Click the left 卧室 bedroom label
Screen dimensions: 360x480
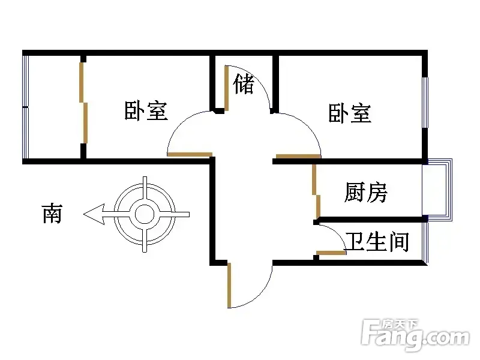[146, 111]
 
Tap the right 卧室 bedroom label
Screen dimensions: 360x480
[350, 113]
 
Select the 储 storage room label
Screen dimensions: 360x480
[244, 85]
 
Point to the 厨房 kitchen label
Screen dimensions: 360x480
[366, 192]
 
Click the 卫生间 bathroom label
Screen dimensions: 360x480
[377, 242]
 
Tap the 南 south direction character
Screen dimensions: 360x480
[52, 213]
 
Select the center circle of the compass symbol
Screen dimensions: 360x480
[145, 214]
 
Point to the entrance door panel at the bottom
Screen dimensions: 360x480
[229, 285]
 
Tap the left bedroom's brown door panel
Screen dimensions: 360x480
[189, 155]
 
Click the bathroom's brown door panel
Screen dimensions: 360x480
[331, 253]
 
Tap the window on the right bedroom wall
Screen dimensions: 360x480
[425, 102]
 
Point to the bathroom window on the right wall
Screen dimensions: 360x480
[426, 242]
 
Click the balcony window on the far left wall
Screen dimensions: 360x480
[25, 107]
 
